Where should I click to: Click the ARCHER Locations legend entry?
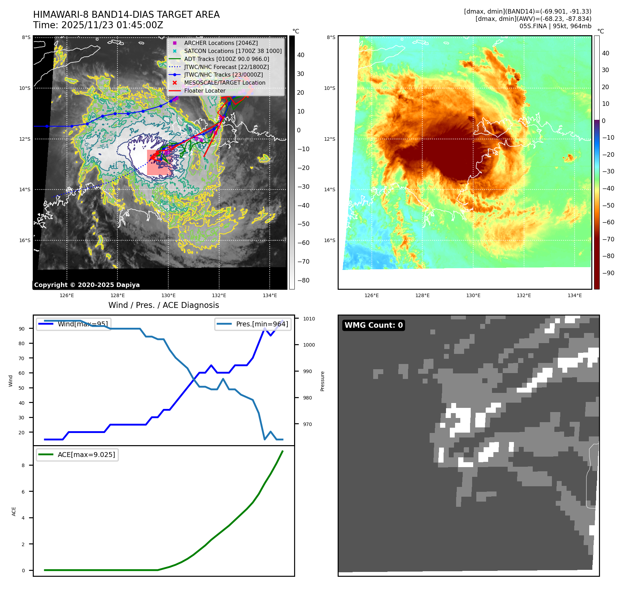[221, 43]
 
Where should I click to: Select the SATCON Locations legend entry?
[233, 51]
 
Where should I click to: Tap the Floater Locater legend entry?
[205, 91]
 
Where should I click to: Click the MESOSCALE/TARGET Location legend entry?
[224, 83]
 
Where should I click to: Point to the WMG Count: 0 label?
[374, 325]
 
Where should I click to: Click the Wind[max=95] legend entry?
[83, 324]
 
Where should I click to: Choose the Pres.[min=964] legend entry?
[262, 324]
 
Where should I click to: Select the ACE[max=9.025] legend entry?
[86, 455]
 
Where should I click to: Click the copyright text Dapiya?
[87, 285]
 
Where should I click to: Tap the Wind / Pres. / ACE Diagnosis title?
[164, 305]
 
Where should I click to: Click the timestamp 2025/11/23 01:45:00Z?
[112, 25]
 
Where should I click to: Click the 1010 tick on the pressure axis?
[309, 319]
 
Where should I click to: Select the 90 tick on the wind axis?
[22, 329]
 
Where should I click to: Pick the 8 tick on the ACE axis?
[23, 465]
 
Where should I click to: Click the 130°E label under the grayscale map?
[168, 295]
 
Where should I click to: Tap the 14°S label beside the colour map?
[330, 189]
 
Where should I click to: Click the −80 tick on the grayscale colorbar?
[303, 280]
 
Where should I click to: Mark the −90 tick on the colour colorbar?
[608, 273]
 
